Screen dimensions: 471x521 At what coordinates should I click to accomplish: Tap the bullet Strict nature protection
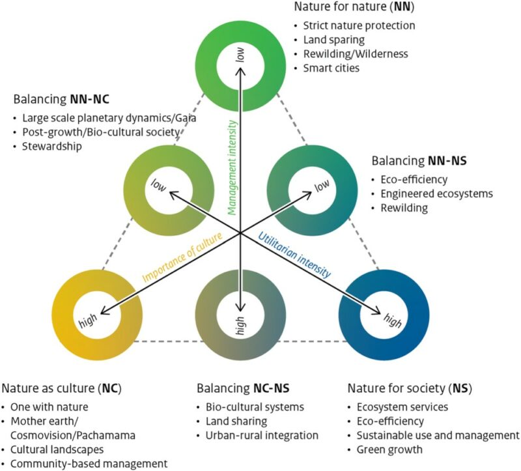358,26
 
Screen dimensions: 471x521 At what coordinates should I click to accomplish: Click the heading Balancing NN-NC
62,101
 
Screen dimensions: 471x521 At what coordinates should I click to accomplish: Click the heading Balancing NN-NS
420,160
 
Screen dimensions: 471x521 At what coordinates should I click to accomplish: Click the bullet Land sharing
236,421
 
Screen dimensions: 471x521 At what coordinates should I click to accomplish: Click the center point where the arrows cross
240,233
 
